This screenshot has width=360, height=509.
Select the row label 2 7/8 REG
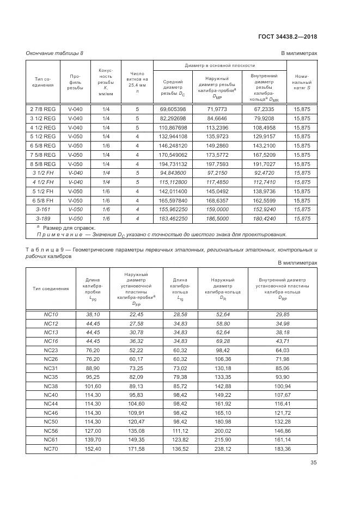point(42,109)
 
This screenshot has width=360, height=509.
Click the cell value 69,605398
point(173,109)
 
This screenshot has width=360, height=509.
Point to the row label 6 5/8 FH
point(42,200)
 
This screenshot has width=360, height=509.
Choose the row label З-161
point(42,210)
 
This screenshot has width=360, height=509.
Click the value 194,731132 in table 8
point(173,164)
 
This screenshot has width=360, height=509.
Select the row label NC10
point(51,315)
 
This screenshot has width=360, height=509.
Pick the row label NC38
point(51,386)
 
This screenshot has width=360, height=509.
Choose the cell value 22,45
point(136,315)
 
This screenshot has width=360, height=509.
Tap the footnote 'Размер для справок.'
point(62,228)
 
